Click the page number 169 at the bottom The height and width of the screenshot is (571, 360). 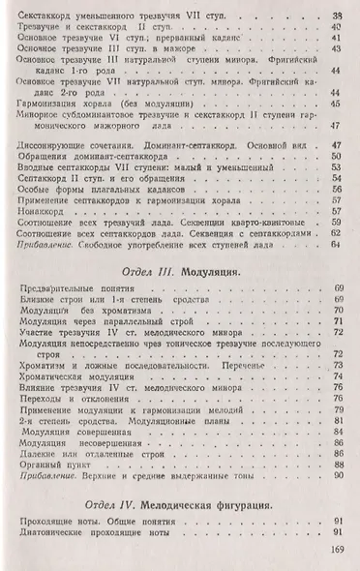[337, 552]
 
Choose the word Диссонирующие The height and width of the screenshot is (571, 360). [54, 142]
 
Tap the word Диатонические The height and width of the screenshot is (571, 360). [53, 533]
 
